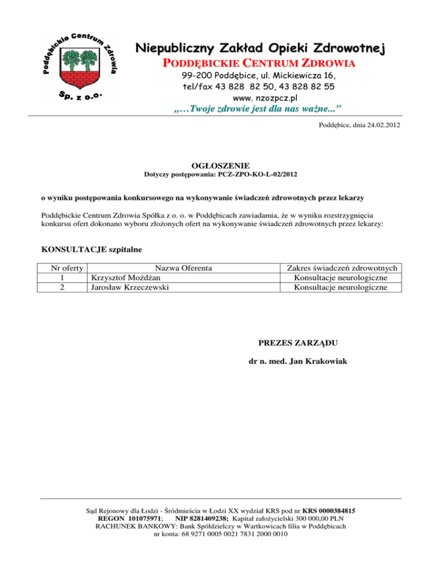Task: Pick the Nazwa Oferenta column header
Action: pyautogui.click(x=184, y=267)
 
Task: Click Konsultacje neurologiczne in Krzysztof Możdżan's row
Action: pyautogui.click(x=341, y=278)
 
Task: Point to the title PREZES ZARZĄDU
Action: pyautogui.click(x=298, y=343)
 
